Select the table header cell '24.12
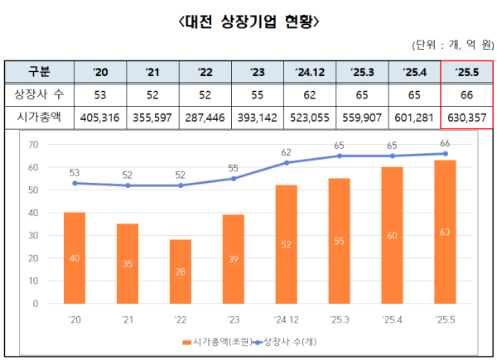point(310,72)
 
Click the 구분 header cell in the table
point(39,72)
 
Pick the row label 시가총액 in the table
point(39,118)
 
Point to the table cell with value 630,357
point(467,118)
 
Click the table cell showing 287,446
point(205,118)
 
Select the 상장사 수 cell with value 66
point(467,95)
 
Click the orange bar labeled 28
point(181,271)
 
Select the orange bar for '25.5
point(445,232)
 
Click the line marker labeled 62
point(287,163)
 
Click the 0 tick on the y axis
point(36,303)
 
